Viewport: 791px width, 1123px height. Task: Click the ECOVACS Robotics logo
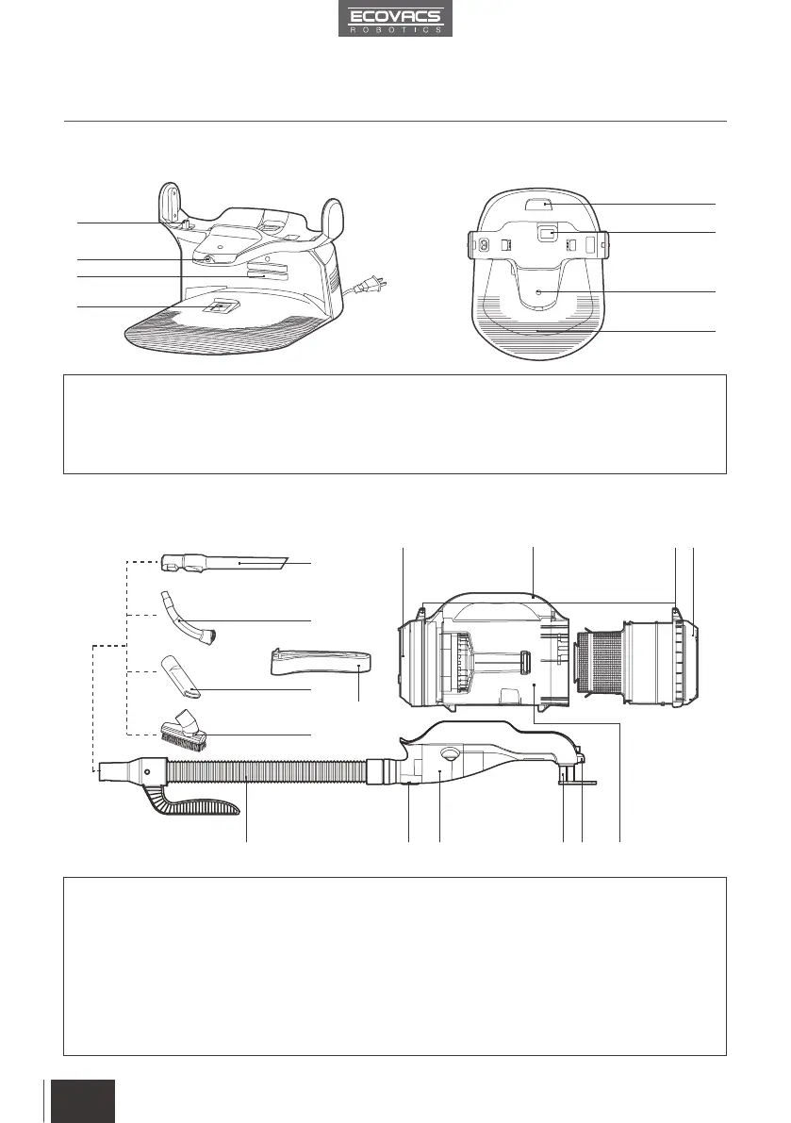coord(396,18)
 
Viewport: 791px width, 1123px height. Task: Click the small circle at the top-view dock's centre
coord(537,293)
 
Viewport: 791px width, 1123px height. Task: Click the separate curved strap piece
coord(321,661)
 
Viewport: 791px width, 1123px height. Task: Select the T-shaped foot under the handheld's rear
coord(570,777)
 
